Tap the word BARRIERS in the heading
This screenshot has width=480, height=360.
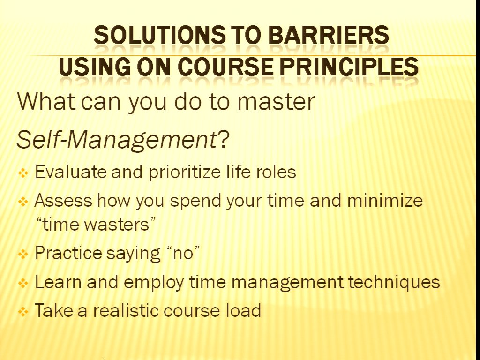click(329, 35)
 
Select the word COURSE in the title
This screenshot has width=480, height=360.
click(225, 67)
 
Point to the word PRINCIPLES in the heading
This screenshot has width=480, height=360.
click(349, 67)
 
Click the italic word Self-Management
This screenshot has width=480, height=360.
click(117, 140)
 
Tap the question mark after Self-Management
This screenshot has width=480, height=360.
click(224, 140)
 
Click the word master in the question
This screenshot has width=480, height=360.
click(276, 102)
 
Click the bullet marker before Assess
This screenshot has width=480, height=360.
click(23, 202)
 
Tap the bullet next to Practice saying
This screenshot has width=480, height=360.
click(23, 254)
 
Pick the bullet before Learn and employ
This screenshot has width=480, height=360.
click(23, 283)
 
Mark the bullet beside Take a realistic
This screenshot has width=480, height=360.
click(23, 312)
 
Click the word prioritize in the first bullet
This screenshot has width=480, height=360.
click(185, 172)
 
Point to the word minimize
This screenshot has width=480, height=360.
click(385, 201)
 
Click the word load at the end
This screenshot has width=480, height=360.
click(243, 310)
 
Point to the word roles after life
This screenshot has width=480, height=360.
click(276, 172)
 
